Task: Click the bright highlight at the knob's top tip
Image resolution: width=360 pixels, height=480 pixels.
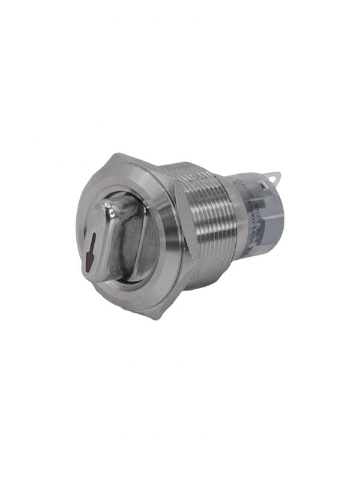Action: pos(110,211)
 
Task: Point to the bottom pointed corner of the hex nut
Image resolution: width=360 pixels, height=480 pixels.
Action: pos(160,317)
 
